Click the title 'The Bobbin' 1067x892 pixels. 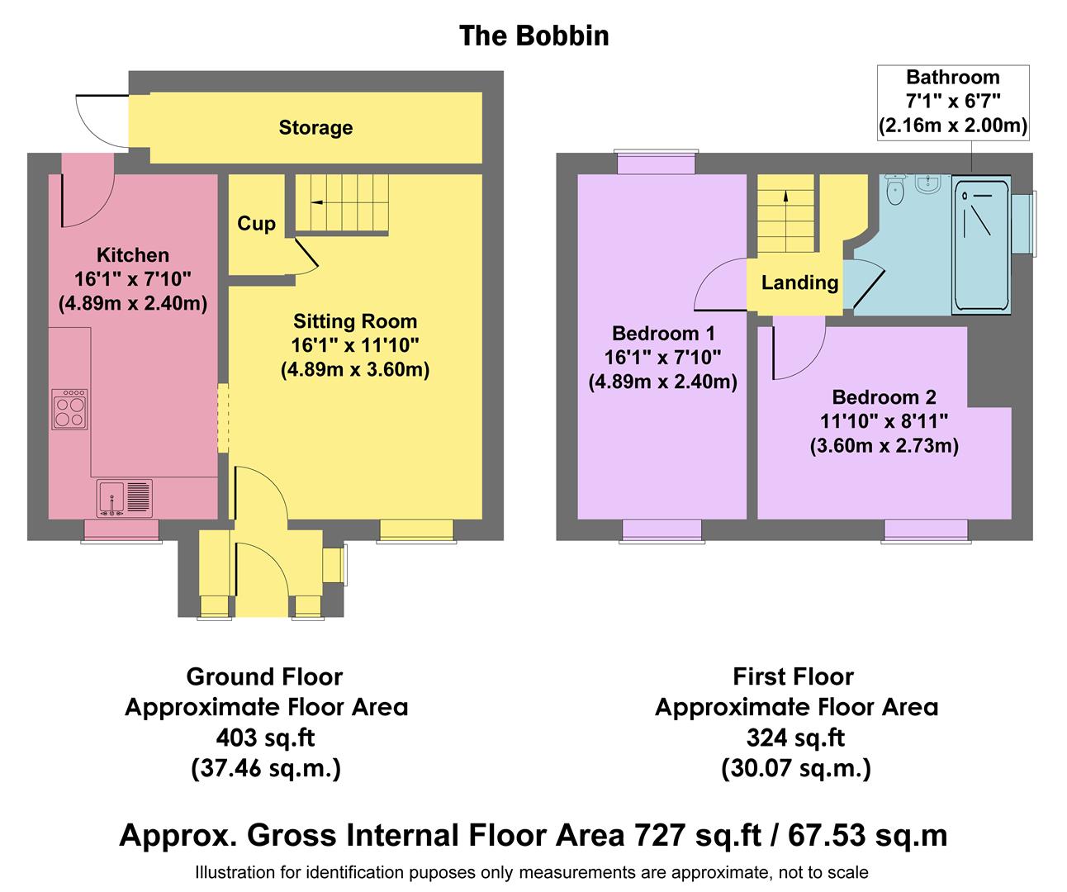[533, 36]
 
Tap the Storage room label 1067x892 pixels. [315, 128]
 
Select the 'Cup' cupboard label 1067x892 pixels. [256, 224]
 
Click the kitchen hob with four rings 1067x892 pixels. [69, 409]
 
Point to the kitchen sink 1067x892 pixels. [125, 497]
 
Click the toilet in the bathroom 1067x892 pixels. [894, 190]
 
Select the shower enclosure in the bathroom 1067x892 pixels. [981, 245]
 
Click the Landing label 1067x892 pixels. [799, 283]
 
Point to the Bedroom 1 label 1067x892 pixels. [663, 334]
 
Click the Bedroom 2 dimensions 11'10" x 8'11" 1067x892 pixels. [884, 421]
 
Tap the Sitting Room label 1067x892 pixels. [355, 321]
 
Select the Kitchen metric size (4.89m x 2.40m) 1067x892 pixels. [133, 303]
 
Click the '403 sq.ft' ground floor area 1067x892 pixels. [265, 738]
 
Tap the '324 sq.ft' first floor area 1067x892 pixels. [795, 738]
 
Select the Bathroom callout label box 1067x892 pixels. [952, 102]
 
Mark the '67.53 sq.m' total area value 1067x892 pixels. [867, 835]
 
